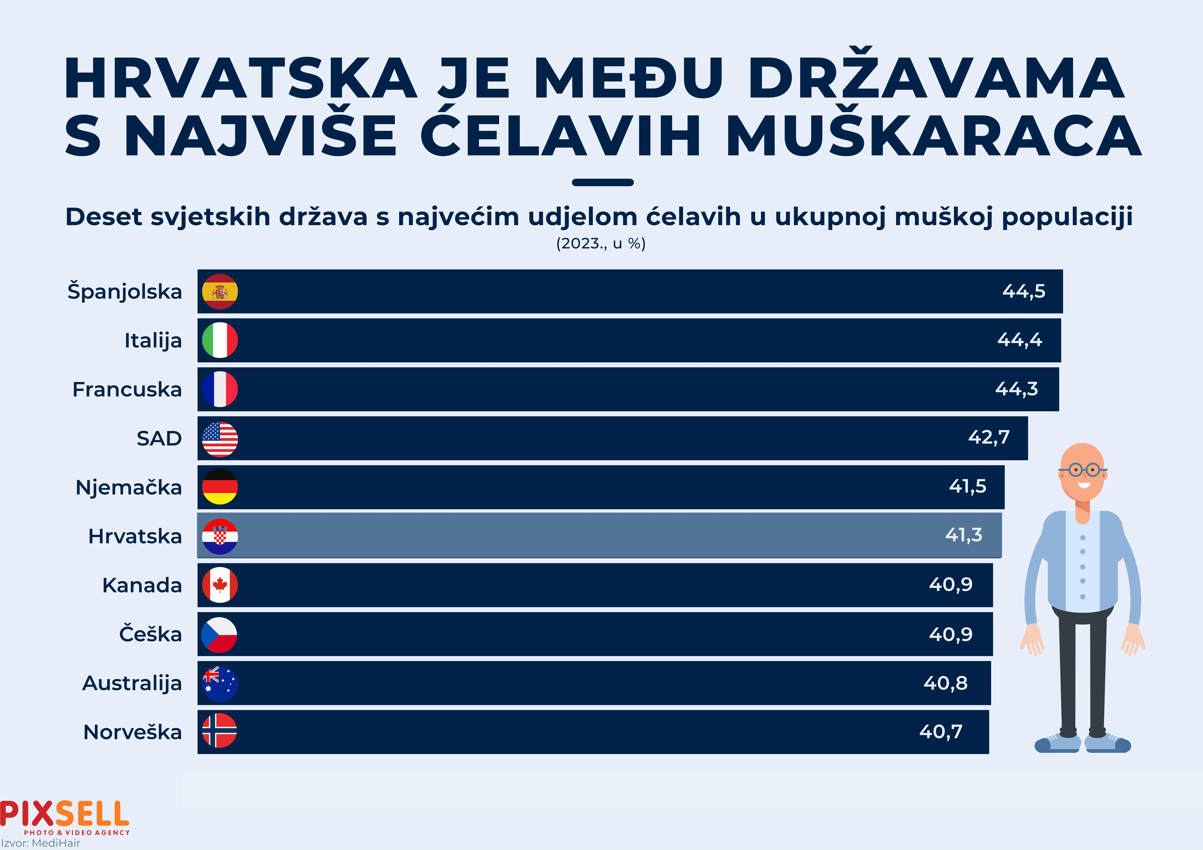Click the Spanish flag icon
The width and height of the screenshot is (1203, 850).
click(x=220, y=291)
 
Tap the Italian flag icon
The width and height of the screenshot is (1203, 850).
click(x=220, y=340)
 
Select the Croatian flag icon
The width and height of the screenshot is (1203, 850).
click(x=220, y=536)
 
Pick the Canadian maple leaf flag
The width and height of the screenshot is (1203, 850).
click(x=220, y=585)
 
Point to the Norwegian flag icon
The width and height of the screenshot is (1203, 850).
click(x=219, y=731)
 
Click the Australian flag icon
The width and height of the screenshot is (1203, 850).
click(x=220, y=683)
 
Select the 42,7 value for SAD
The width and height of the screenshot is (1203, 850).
click(x=989, y=437)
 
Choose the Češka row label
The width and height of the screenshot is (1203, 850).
click(x=150, y=634)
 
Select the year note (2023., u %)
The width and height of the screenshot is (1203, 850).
click(x=601, y=243)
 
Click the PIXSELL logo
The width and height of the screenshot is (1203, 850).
click(x=64, y=815)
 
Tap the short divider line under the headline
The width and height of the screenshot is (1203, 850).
click(x=603, y=182)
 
